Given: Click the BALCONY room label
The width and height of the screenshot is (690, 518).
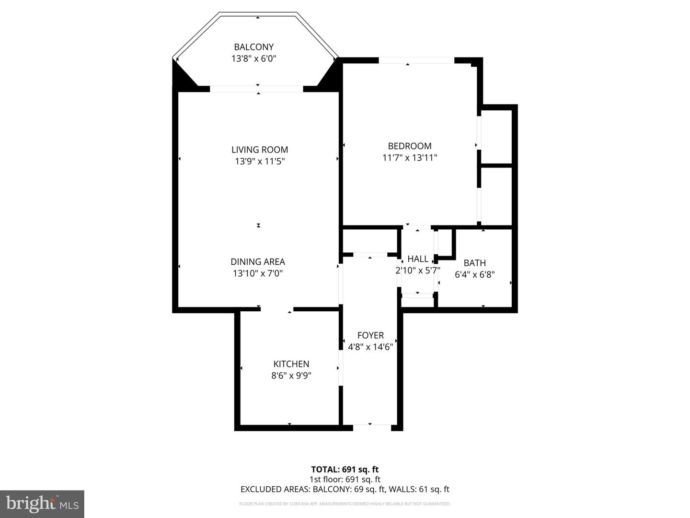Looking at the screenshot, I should (253, 47).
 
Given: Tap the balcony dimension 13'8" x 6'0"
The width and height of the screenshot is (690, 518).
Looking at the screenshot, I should (253, 59).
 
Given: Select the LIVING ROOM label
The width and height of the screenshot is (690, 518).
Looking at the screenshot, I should (260, 150).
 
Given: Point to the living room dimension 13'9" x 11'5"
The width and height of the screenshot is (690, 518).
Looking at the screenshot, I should (260, 162).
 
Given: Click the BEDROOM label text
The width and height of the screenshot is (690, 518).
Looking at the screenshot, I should (410, 146).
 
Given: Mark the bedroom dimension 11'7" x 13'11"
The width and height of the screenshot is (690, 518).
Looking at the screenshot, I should (410, 157).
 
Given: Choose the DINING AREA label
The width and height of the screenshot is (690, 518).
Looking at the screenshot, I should (258, 262).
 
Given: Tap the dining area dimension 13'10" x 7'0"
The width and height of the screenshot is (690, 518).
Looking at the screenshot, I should (258, 273).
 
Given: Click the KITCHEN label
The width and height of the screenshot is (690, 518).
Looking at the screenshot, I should (291, 364).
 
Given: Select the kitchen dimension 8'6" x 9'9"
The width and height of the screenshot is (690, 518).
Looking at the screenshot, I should (291, 376).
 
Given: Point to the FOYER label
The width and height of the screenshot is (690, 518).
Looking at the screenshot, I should (370, 335).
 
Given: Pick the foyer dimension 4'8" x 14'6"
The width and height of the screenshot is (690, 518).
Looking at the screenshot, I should (370, 347).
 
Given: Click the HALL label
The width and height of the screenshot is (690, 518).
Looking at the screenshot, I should (418, 259).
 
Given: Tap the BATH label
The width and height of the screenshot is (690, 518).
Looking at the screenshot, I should (475, 263).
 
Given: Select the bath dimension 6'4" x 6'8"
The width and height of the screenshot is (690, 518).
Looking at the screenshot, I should (475, 275).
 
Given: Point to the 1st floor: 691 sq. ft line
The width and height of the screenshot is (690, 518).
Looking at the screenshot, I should (345, 479).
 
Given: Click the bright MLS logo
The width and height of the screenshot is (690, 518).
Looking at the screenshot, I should (42, 504).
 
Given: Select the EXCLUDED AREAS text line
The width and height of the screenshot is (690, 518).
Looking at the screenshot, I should (345, 489).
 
